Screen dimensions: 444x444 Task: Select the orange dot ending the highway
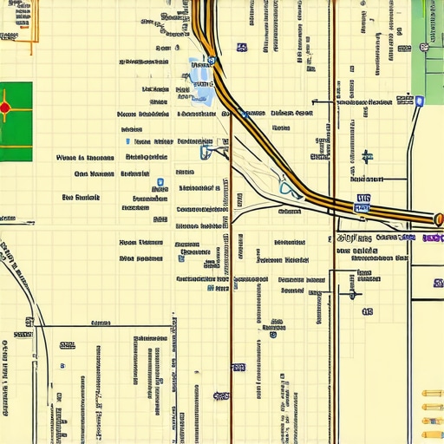[x=438, y=219]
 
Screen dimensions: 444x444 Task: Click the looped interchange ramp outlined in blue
[x=287, y=187]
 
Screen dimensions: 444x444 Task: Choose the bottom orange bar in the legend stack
[x=432, y=434]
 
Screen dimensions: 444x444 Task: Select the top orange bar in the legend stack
[x=432, y=394]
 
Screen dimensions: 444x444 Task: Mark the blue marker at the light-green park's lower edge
[x=420, y=101]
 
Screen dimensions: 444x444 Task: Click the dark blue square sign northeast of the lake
[x=240, y=48]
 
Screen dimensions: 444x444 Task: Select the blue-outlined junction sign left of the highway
[x=206, y=153]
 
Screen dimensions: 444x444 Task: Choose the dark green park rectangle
[x=16, y=121]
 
